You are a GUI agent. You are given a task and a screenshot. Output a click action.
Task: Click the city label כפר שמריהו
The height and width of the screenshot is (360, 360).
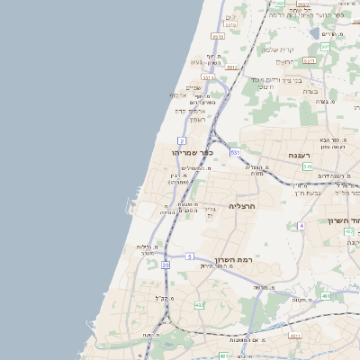(x=192, y=153)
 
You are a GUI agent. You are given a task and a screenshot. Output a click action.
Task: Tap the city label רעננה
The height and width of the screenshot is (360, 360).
(x=299, y=156)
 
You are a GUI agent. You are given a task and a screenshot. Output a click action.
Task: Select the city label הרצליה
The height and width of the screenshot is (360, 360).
(x=243, y=206)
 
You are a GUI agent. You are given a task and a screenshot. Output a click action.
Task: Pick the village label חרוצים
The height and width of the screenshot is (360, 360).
(x=265, y=87)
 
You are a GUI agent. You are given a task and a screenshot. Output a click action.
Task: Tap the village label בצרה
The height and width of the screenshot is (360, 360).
(x=310, y=91)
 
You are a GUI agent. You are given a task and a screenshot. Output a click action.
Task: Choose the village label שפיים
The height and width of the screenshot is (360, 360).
(x=199, y=87)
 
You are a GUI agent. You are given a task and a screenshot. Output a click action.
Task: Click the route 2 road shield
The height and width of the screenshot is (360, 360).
(x=182, y=140)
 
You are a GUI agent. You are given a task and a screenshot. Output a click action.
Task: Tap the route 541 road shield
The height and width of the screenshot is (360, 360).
(x=307, y=166)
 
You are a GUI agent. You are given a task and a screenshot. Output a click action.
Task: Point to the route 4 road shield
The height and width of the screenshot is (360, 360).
(x=302, y=225)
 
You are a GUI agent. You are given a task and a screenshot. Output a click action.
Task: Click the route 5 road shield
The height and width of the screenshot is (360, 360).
(x=191, y=256)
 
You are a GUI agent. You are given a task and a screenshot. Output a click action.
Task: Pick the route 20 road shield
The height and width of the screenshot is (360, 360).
(x=166, y=265)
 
